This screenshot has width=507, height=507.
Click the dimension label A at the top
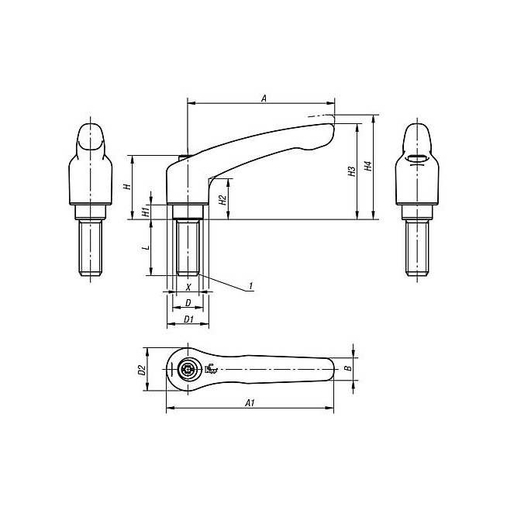[264, 98]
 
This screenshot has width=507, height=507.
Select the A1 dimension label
[250, 402]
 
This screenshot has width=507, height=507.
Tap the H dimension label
[128, 186]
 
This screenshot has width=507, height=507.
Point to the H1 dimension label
[146, 212]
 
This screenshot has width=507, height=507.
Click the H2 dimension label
[222, 200]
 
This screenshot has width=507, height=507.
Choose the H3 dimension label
[352, 171]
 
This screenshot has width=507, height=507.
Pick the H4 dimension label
[368, 166]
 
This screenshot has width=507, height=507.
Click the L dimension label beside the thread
[147, 247]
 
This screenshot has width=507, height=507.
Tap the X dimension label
[188, 287]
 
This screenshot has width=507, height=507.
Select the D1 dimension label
[188, 319]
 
